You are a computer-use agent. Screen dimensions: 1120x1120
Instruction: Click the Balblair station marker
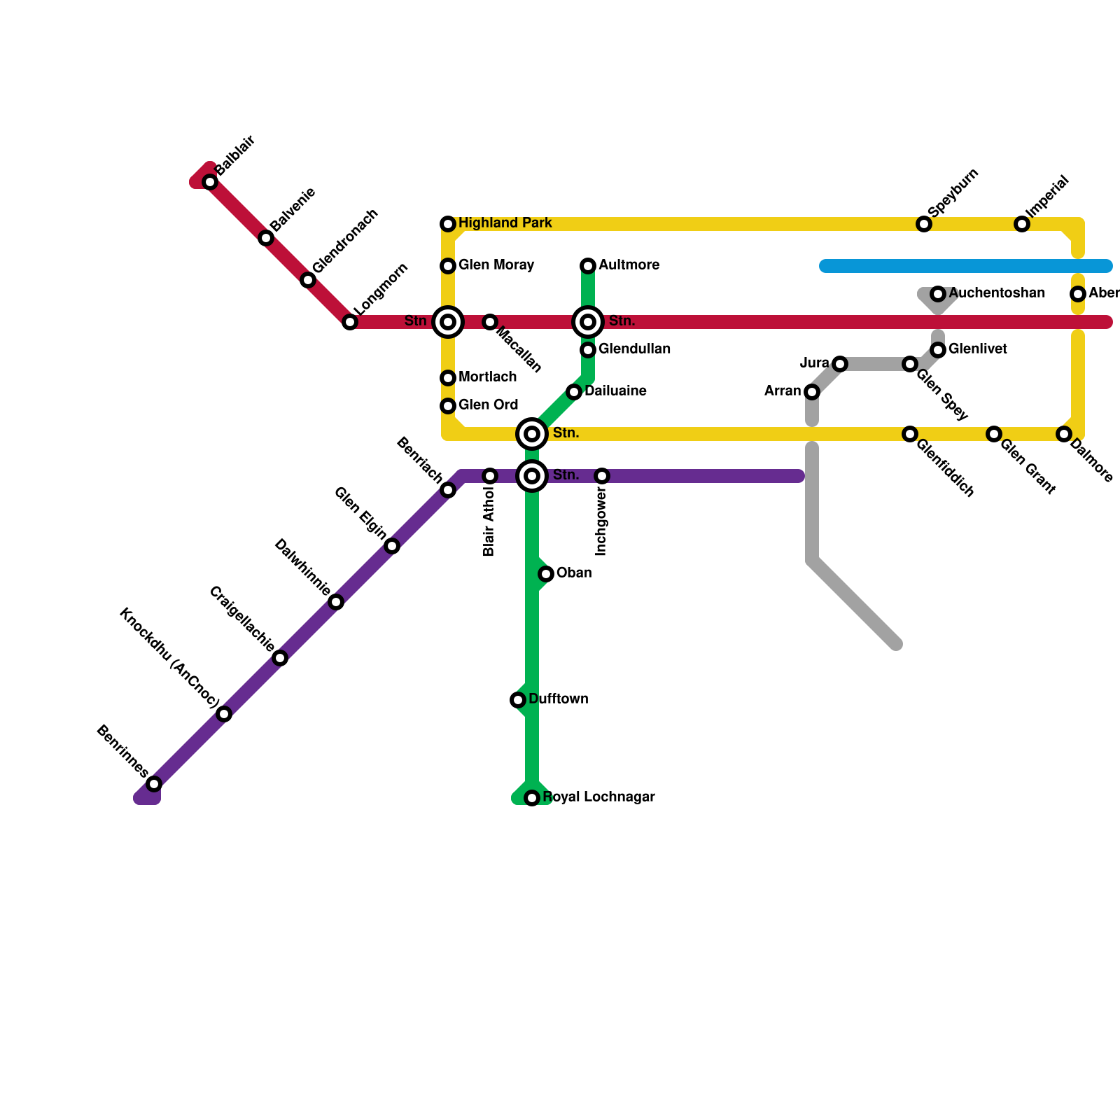[210, 182]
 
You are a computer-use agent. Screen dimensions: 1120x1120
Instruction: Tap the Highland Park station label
[505, 223]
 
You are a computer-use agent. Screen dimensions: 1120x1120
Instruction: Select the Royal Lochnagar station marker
[532, 798]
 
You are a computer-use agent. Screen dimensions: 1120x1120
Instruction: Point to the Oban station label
[574, 573]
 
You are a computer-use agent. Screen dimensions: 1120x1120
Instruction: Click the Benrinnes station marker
[154, 784]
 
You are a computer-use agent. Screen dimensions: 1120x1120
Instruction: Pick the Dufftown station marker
[518, 700]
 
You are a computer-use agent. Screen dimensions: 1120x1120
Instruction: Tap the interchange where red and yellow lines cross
[448, 322]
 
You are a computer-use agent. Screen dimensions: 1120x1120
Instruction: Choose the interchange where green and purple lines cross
[532, 476]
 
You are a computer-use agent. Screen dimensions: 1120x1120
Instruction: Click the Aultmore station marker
[588, 266]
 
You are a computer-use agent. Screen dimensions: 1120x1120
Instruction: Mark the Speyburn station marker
[924, 224]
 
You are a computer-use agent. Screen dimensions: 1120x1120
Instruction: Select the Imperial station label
[1047, 195]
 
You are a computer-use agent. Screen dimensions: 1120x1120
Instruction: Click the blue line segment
[966, 266]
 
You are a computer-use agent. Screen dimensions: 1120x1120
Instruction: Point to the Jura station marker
[840, 364]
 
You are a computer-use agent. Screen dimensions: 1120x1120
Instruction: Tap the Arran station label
[783, 391]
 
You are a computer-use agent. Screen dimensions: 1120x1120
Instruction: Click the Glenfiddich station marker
[910, 434]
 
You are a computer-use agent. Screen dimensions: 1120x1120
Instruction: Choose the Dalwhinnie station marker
[336, 602]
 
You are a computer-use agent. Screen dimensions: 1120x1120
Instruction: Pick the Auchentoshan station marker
[938, 294]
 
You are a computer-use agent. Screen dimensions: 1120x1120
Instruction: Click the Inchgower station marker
[602, 476]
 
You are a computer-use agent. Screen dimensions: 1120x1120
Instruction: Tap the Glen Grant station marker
[994, 434]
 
